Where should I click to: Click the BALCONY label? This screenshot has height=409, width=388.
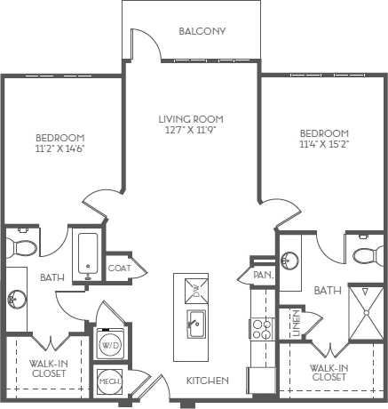[202, 31]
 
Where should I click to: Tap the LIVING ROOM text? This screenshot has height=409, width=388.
[190, 118]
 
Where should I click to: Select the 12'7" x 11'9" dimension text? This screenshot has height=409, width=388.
[190, 130]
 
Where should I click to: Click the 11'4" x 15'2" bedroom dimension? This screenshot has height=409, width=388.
[324, 144]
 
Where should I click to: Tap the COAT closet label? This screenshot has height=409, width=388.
[119, 267]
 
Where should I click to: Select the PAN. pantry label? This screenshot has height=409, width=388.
[263, 276]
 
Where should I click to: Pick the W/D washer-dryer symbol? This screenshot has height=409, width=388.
[111, 342]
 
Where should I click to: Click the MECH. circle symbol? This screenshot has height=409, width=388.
[109, 381]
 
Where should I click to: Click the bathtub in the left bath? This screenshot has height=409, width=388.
[88, 257]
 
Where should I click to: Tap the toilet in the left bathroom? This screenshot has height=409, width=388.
[24, 244]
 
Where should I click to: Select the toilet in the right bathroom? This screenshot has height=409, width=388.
[364, 257]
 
